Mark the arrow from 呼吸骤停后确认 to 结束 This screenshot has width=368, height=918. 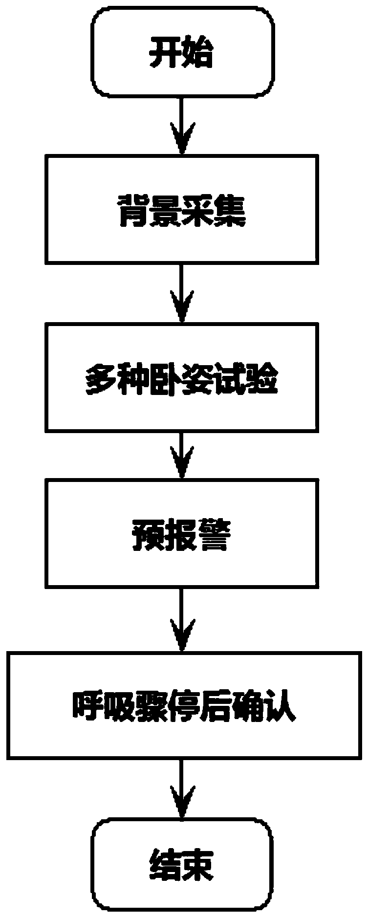click(181, 787)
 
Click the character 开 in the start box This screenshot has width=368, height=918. click(165, 53)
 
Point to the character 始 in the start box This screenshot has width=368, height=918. click(197, 53)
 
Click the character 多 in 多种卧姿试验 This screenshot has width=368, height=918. click(101, 377)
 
